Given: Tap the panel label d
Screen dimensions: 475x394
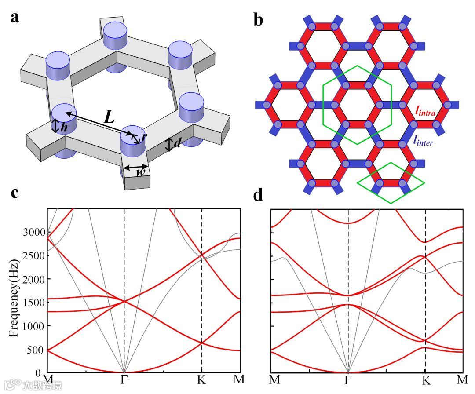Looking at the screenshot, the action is pyautogui.click(x=258, y=194).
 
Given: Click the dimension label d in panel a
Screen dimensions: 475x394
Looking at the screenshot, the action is pyautogui.click(x=178, y=144).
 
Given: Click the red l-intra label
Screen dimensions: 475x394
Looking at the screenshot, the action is pyautogui.click(x=425, y=112).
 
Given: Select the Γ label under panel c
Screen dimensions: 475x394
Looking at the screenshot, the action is pyautogui.click(x=124, y=379).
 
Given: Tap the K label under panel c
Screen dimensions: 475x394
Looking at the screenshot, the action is pyautogui.click(x=201, y=379).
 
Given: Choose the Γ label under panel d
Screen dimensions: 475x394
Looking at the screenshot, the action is pyautogui.click(x=348, y=379).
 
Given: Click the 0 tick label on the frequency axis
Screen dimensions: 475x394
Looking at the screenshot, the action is pyautogui.click(x=40, y=373).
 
